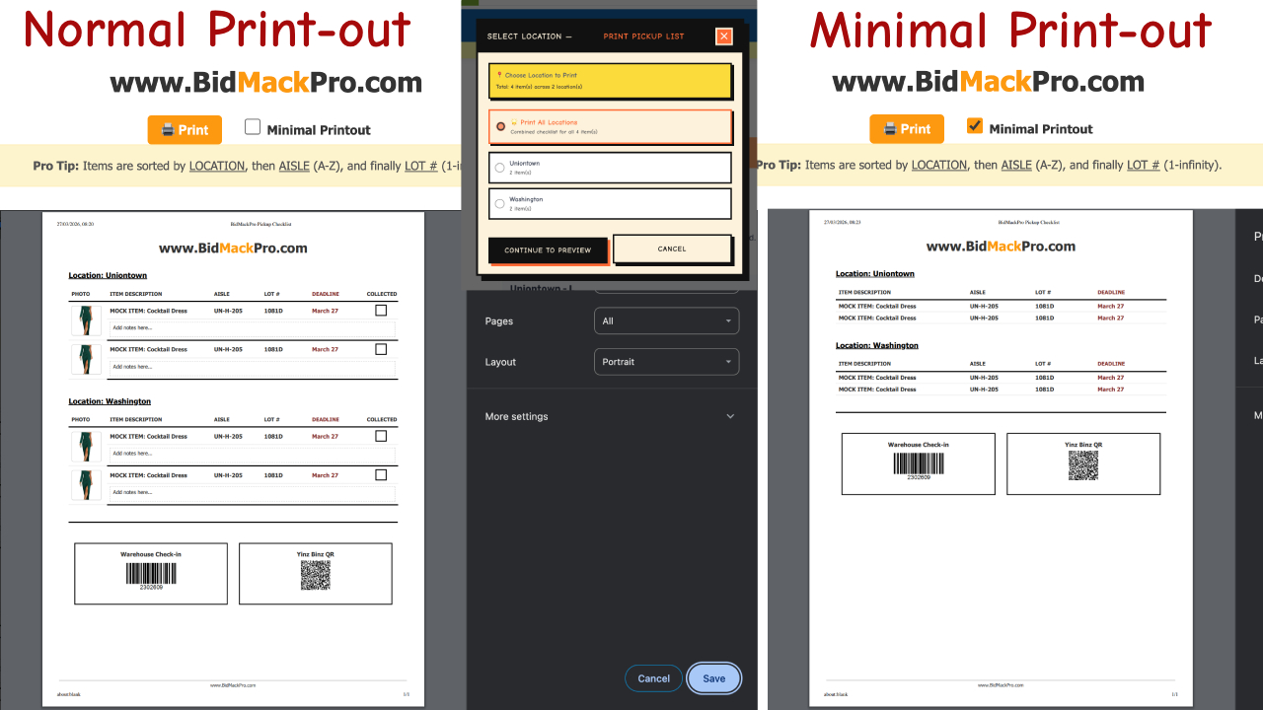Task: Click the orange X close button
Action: point(724,36)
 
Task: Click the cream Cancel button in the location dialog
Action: point(672,248)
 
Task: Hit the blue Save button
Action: point(713,678)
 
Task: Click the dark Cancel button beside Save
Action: point(653,678)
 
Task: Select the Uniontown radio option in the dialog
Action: point(500,168)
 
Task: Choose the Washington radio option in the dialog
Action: point(500,204)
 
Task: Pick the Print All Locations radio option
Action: point(501,126)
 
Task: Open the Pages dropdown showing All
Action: point(666,320)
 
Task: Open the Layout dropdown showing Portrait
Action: point(666,362)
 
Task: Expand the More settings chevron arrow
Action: point(730,416)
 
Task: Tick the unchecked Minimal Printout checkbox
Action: point(253,127)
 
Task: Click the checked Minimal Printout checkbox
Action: point(975,126)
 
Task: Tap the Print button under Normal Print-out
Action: point(185,129)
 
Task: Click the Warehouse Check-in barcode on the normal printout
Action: point(151,573)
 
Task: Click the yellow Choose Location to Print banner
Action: point(610,81)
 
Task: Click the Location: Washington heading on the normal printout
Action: point(110,401)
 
